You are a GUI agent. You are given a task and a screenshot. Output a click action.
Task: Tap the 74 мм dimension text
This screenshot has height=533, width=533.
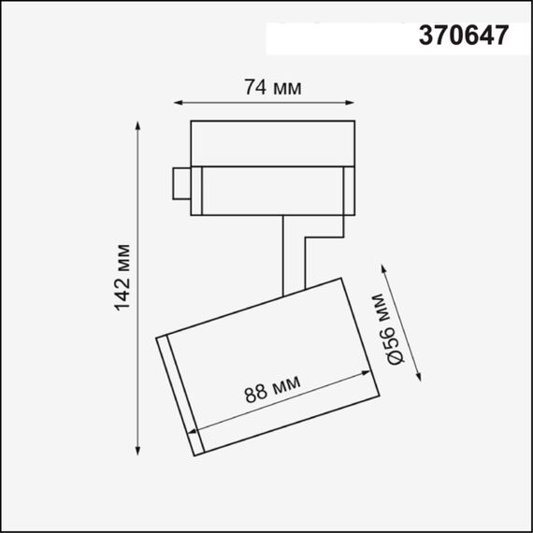(272, 88)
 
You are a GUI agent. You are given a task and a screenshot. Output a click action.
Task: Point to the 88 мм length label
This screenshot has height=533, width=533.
(273, 393)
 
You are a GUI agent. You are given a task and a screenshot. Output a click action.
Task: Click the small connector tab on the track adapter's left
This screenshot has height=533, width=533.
(180, 182)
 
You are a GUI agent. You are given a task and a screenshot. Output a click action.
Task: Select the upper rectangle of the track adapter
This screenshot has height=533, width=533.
(271, 142)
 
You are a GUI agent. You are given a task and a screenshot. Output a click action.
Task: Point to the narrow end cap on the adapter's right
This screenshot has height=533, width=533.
(347, 191)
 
